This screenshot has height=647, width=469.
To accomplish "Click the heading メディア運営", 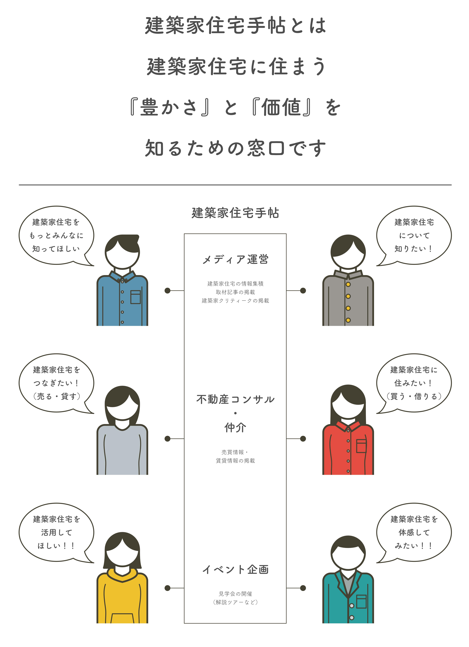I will click(235, 260).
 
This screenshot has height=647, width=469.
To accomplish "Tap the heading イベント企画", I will click(235, 569).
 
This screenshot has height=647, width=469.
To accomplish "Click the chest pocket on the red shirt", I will click(361, 446).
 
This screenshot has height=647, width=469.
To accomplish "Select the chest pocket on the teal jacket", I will click(361, 602).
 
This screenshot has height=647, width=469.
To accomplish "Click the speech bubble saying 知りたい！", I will click(414, 235).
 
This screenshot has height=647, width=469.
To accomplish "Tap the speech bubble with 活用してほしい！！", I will click(56, 532).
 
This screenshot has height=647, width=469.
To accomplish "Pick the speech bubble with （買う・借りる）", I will click(414, 383).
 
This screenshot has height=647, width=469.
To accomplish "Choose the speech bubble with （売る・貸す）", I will click(56, 383).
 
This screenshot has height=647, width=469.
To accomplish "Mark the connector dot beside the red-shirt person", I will click(303, 438).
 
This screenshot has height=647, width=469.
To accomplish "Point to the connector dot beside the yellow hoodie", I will click(167, 588).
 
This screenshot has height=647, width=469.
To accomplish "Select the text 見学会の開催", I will click(235, 594).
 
